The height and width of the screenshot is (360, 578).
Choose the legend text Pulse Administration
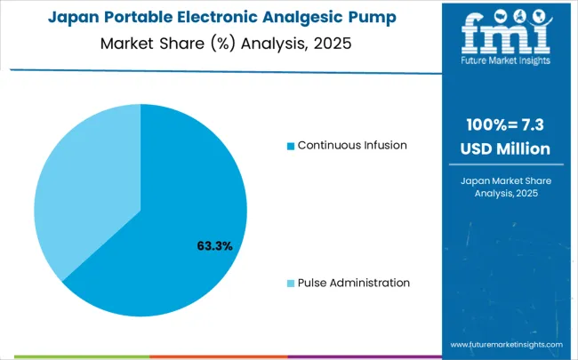(x=354, y=283)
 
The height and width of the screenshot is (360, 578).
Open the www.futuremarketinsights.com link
(x=506, y=344)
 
